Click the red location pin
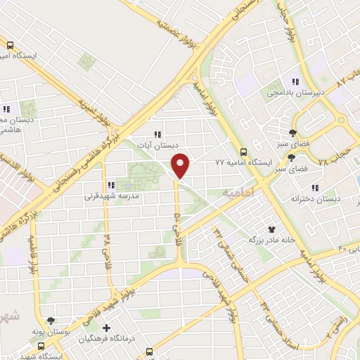pyautogui.click(x=181, y=165)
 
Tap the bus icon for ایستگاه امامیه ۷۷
pyautogui.click(x=243, y=151)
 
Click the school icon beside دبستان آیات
pyautogui.click(x=158, y=134)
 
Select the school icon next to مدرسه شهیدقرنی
pyautogui.click(x=110, y=185)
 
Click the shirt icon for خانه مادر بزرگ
pyautogui.click(x=271, y=229)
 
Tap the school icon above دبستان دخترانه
pyautogui.click(x=315, y=188)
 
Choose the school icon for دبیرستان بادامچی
pyautogui.click(x=295, y=81)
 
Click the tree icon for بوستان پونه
pyautogui.click(x=49, y=320)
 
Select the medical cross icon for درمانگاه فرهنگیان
pyautogui.click(x=106, y=328)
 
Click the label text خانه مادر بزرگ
pyautogui.click(x=266, y=240)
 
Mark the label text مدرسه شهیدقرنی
pyautogui.click(x=108, y=196)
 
